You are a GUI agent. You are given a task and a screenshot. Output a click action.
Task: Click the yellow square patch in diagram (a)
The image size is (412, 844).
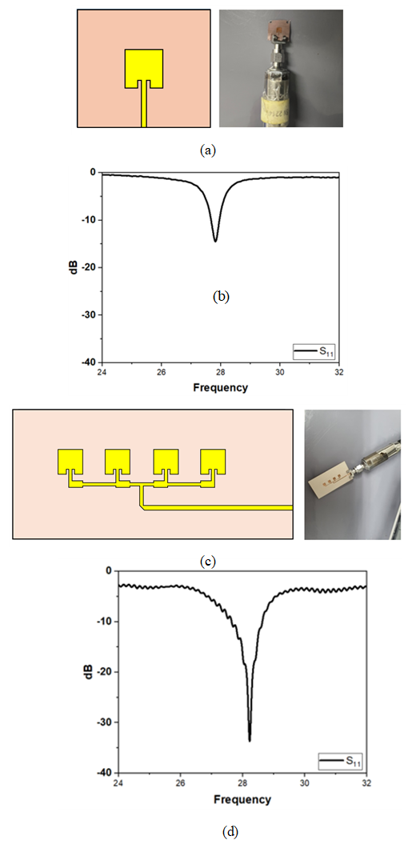click(143, 65)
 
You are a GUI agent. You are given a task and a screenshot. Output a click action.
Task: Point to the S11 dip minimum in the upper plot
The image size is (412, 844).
click(215, 241)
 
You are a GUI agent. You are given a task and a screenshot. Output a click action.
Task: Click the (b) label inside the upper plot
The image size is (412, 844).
click(222, 295)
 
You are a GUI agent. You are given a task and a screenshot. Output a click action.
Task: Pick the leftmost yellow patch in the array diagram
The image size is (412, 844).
click(70, 462)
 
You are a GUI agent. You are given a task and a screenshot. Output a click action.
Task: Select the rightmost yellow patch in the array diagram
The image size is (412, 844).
click(214, 462)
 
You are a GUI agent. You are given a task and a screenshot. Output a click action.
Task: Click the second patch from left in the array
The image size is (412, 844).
click(118, 462)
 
